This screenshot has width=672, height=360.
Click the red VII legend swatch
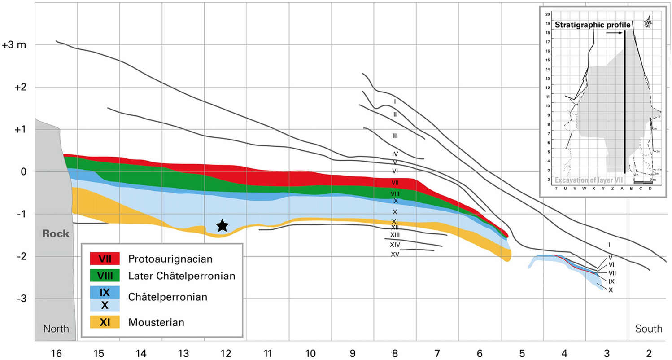click(105, 259)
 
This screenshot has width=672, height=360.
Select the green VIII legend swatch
click(105, 276)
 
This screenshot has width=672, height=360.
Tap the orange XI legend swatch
click(105, 322)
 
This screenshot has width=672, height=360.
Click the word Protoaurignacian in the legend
click(170, 259)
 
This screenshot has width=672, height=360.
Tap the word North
click(56, 329)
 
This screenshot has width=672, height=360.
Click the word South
click(649, 329)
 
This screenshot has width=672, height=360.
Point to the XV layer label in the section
click(395, 255)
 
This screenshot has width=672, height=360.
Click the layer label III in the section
click(395, 135)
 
